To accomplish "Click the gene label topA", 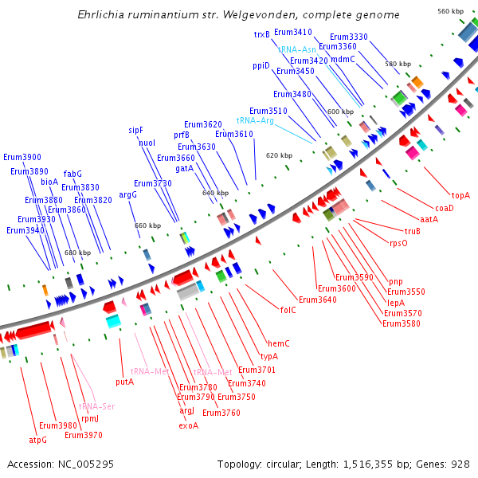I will tap(460, 195).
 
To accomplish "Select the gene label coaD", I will tap(444, 208).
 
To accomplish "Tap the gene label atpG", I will tap(38, 439).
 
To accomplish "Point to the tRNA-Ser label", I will tap(96, 406).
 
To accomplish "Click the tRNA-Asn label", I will tap(296, 49).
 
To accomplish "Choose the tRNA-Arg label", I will tap(255, 120).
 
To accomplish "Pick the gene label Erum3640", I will tap(317, 300).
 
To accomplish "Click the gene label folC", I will tap(288, 310).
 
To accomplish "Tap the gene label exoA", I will tap(188, 425).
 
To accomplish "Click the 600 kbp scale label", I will tap(339, 112).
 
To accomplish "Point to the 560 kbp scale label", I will tap(450, 11).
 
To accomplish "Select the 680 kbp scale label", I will tap(77, 253).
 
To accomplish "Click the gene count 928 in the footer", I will tap(460, 463).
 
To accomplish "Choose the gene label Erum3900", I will tap(22, 157).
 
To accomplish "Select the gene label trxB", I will tap(262, 34).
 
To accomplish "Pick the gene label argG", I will tap(128, 194).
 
